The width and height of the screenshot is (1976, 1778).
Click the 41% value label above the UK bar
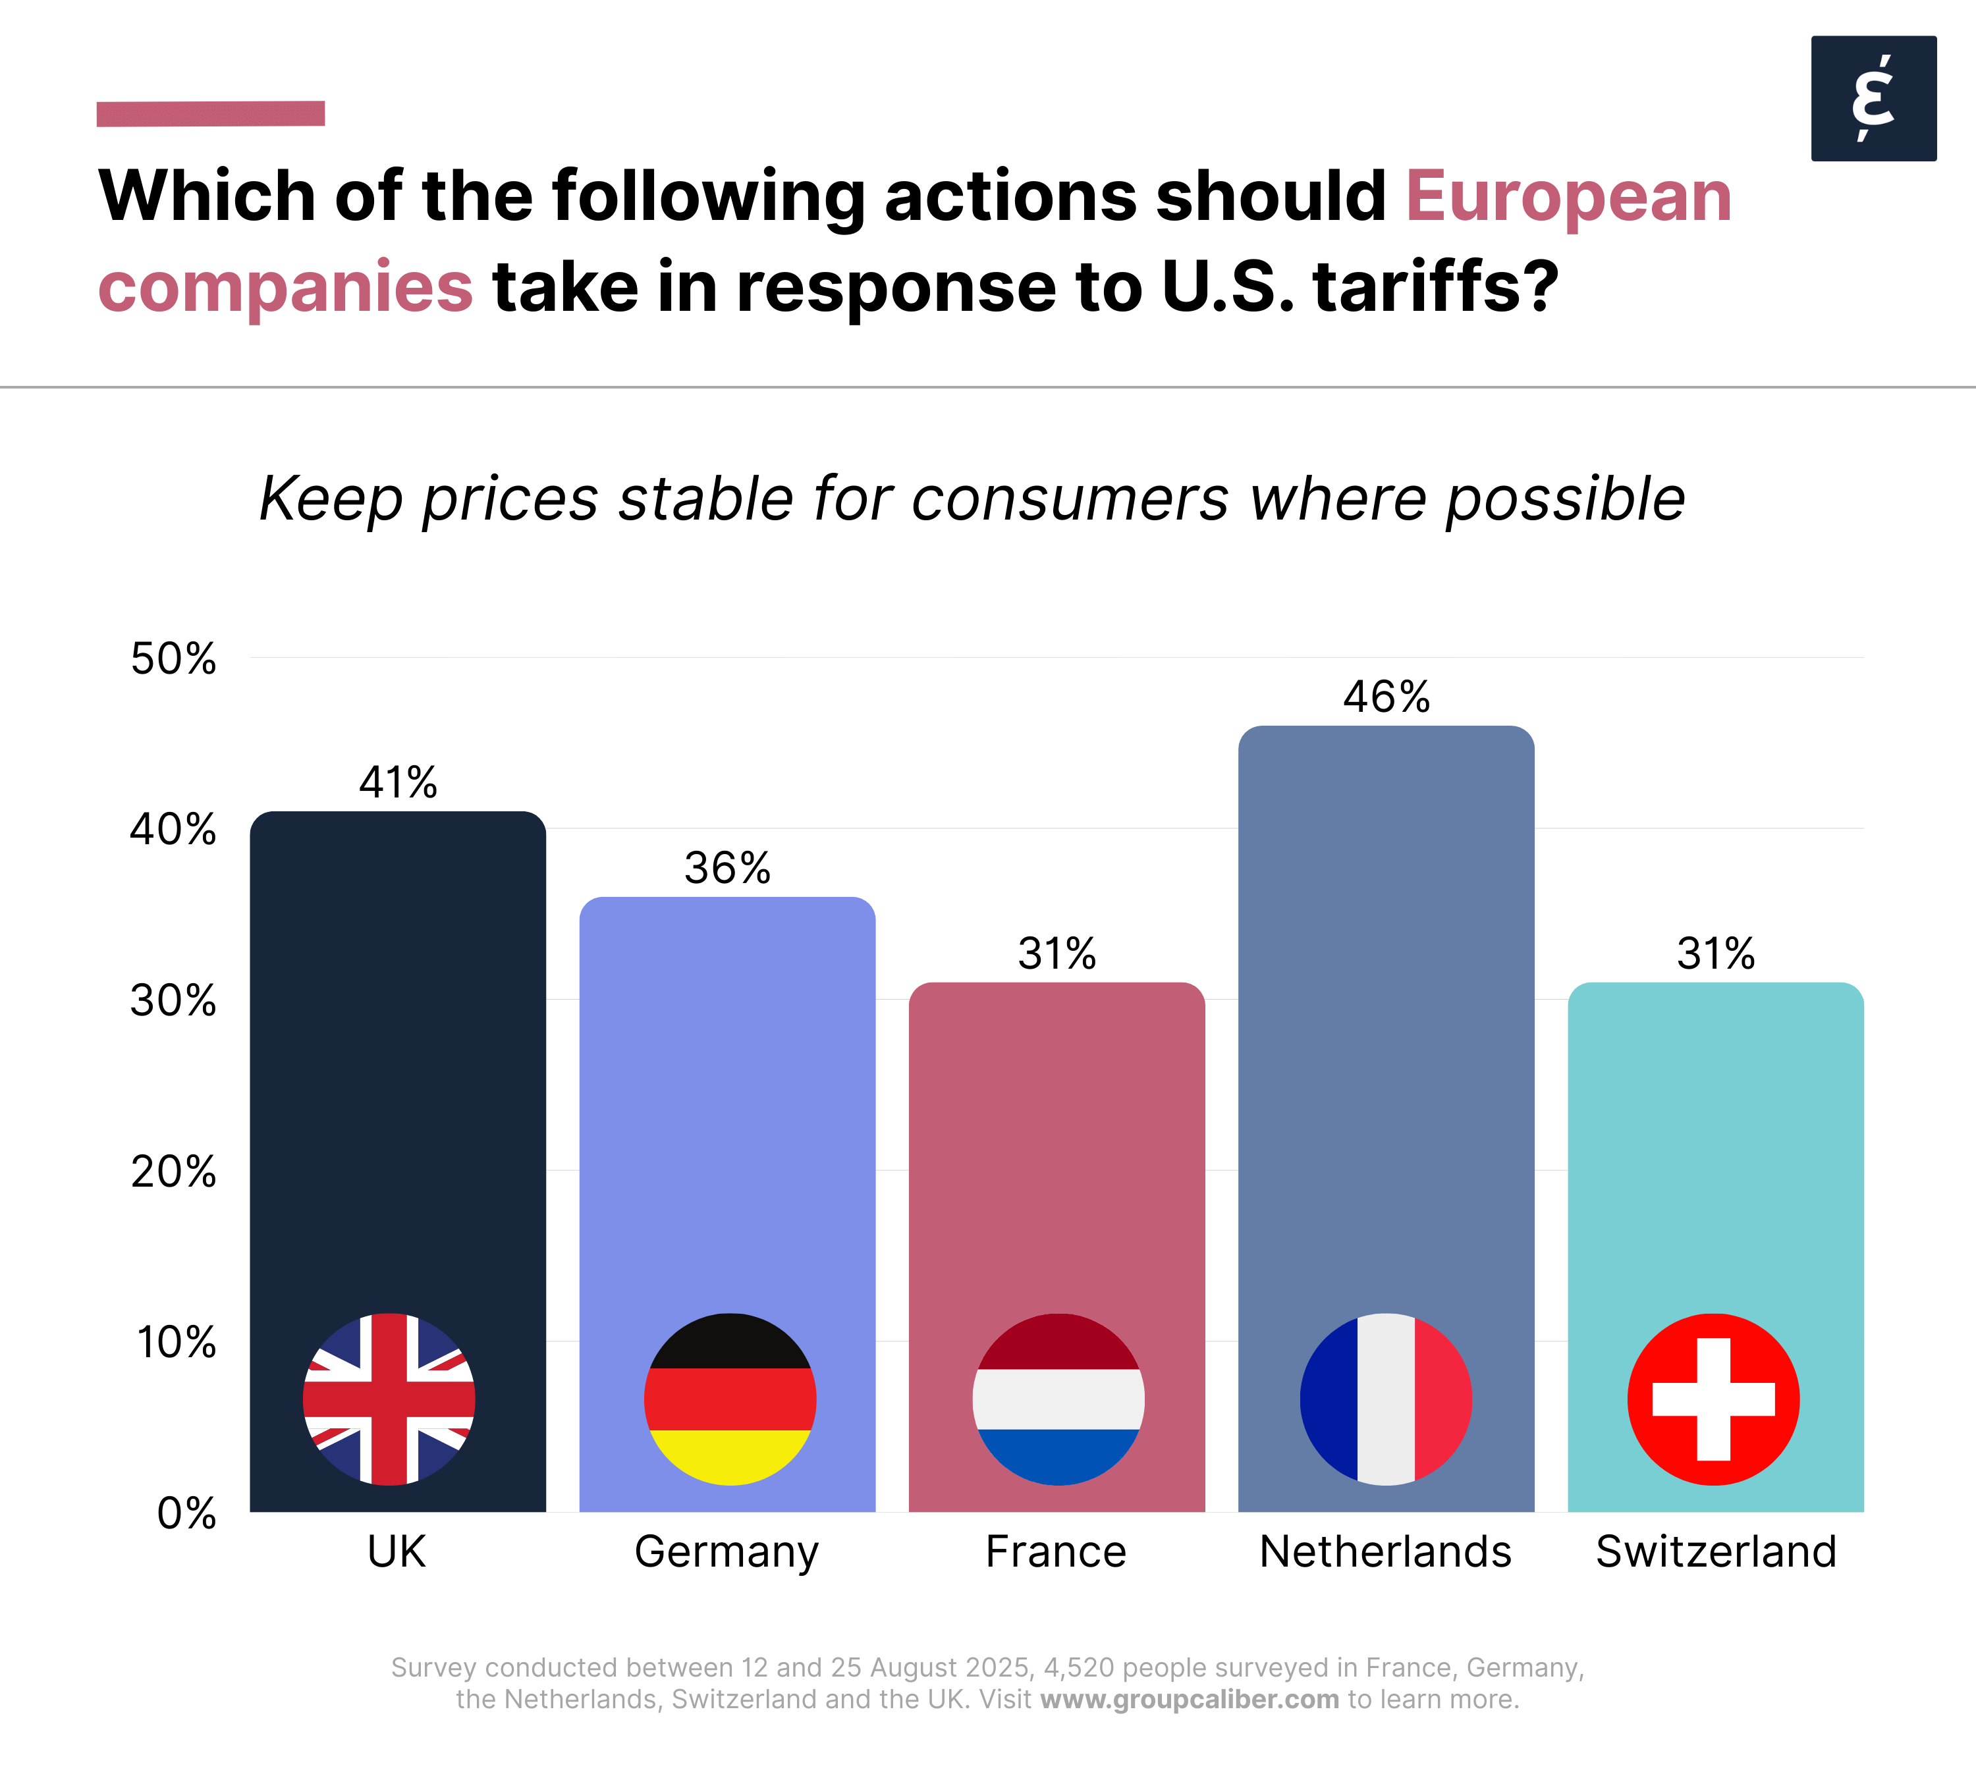(x=398, y=782)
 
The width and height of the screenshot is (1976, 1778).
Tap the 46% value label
(x=1386, y=697)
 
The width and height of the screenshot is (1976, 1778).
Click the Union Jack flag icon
(x=389, y=1399)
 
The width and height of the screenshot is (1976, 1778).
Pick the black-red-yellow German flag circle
(x=730, y=1399)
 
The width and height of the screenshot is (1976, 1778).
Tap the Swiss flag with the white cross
(x=1713, y=1399)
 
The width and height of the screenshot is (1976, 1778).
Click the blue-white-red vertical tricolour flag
(x=1386, y=1399)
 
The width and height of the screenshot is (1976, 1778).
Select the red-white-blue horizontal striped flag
(x=1058, y=1399)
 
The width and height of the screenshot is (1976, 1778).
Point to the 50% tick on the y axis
(x=173, y=659)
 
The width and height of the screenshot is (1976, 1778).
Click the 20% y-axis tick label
(x=173, y=1172)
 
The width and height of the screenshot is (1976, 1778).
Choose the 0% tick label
(x=186, y=1513)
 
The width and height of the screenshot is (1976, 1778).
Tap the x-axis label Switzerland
(x=1716, y=1551)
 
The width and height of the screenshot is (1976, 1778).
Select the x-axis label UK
(x=397, y=1551)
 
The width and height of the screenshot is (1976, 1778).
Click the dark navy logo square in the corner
(x=1873, y=99)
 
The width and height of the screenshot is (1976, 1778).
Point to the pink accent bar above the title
(x=210, y=113)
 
